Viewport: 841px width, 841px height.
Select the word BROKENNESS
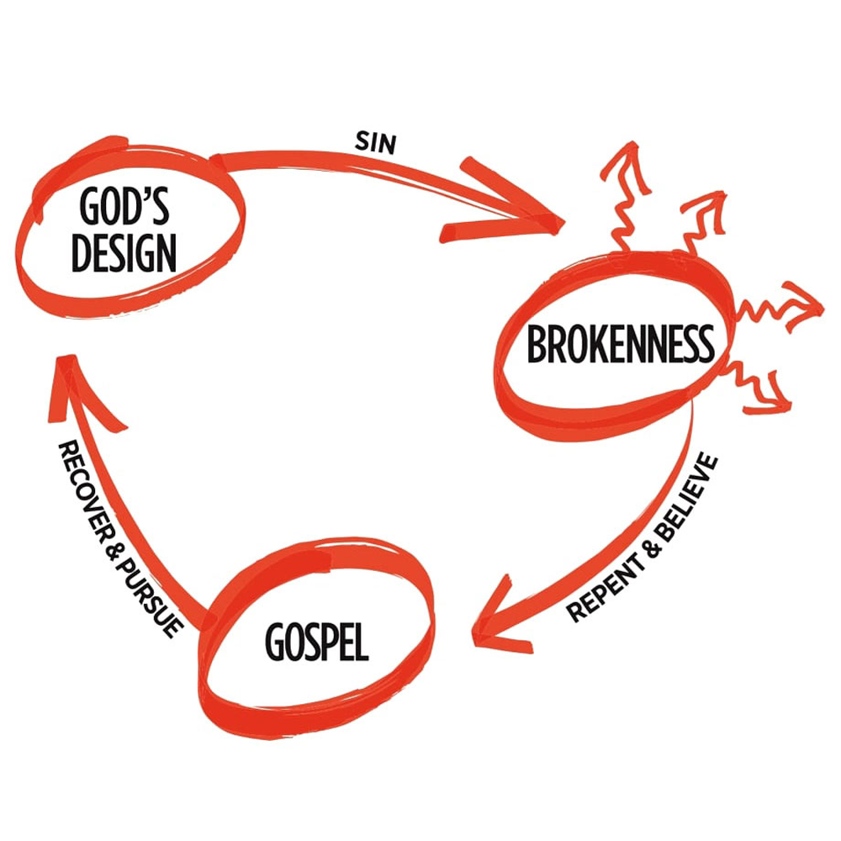pos(620,344)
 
